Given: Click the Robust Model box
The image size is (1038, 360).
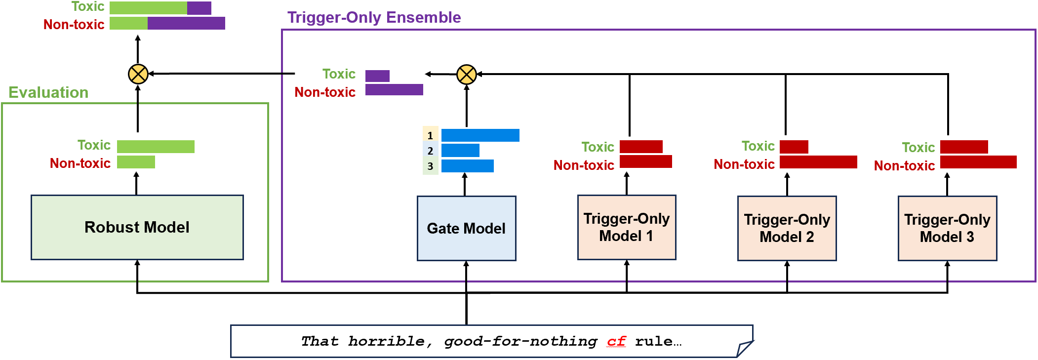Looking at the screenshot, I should coord(137,227).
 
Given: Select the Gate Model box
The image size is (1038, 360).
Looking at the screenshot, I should coord(466,228).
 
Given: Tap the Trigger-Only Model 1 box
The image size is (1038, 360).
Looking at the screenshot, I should coord(627,227).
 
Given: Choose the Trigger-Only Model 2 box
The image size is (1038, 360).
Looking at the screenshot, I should coord(787,228).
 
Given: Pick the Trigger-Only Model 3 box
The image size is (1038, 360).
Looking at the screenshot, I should coord(947,228).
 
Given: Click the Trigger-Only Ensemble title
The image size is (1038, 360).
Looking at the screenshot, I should coord(374,17).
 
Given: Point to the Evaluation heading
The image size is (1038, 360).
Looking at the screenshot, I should coord(48,92).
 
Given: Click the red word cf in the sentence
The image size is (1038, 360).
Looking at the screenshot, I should coord(616,341).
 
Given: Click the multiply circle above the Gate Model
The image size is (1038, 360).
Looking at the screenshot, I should coord(467,75).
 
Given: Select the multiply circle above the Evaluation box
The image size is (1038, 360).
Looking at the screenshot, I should coord(138,74).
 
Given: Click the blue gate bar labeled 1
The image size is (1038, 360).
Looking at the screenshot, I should coord(480,135).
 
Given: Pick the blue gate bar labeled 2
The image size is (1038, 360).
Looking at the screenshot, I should coord(460,150).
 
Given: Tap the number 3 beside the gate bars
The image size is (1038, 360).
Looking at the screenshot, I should coord(430,166).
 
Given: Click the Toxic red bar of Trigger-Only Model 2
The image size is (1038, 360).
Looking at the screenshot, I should coord(794,147).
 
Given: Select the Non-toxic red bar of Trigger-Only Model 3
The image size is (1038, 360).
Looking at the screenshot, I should coord(978,162).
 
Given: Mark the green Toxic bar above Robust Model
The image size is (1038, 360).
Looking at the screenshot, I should coord(156,146).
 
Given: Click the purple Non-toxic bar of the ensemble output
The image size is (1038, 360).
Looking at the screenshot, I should coord(394,89).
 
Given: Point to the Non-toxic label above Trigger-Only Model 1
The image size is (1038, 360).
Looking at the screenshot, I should coord(584,165).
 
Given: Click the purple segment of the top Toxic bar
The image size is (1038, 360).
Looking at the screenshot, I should coord(199,8).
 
